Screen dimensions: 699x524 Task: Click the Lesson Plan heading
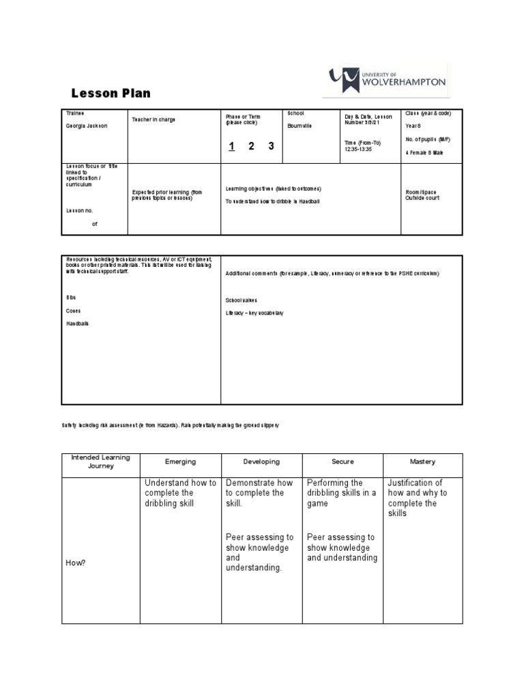[111, 94]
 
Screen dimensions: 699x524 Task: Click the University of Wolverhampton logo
[388, 80]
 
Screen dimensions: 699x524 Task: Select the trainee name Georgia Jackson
[87, 126]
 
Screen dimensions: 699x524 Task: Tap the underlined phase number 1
[232, 146]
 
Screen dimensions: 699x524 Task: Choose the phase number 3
[271, 146]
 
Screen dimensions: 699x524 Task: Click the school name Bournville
[300, 126]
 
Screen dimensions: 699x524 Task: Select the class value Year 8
[414, 126]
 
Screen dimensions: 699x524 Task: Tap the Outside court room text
[423, 198]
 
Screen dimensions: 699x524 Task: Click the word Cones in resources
[73, 311]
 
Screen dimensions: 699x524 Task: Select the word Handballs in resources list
[77, 324]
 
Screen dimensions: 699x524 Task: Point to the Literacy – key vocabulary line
[254, 313]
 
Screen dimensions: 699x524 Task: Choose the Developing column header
[261, 461]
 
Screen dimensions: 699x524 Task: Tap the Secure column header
[343, 461]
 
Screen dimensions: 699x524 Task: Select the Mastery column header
[423, 461]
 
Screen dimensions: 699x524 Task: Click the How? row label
[75, 562]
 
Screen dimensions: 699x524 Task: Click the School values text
[242, 300]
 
